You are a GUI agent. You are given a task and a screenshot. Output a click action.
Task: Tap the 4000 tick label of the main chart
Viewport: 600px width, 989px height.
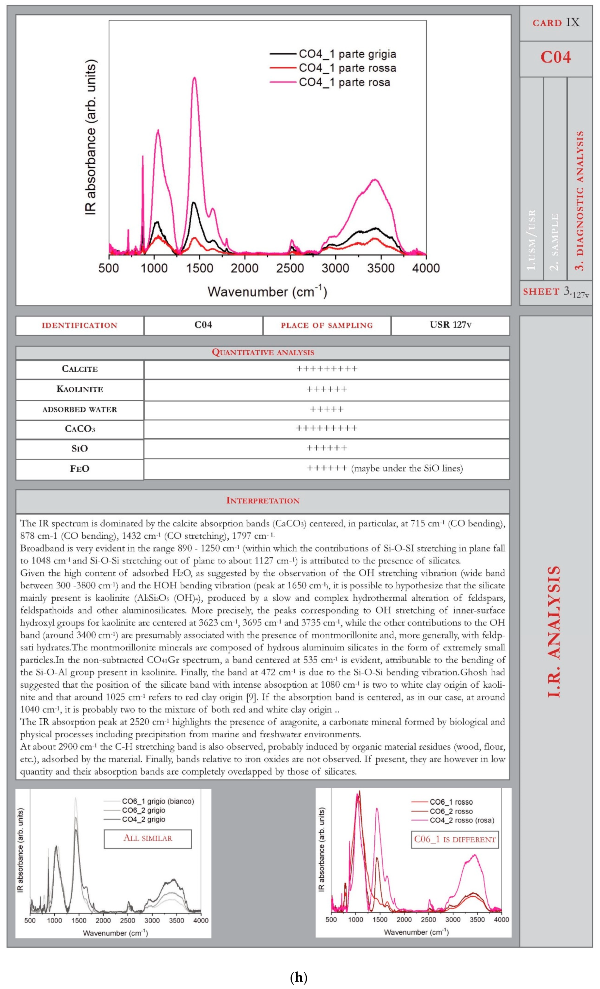pos(426,268)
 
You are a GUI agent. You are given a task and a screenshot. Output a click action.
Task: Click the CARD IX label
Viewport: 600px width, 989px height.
pos(556,22)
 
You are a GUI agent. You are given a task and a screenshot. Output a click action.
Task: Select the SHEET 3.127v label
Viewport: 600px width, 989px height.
pos(556,292)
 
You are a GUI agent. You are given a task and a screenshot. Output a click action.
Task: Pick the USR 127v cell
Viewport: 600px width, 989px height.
pos(450,325)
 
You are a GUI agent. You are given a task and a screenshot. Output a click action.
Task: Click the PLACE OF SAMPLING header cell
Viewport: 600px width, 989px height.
pos(327,325)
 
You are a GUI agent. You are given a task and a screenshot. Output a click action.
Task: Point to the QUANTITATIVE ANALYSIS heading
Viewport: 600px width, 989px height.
pos(263,352)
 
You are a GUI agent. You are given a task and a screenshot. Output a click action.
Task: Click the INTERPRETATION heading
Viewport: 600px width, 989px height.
pos(263,501)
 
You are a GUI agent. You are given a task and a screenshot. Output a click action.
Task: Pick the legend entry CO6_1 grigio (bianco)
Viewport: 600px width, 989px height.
pos(158,801)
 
